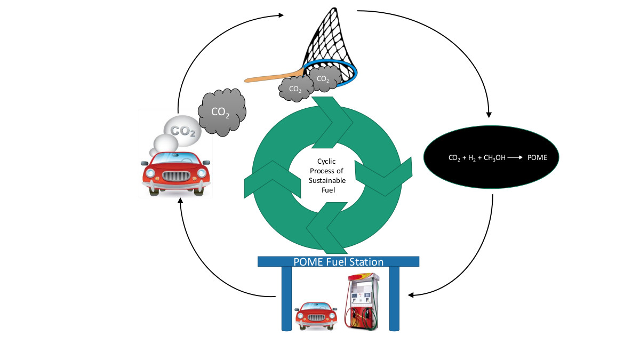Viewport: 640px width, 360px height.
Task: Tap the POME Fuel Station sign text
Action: pos(339,262)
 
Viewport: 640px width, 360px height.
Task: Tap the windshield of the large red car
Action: pos(176,158)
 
